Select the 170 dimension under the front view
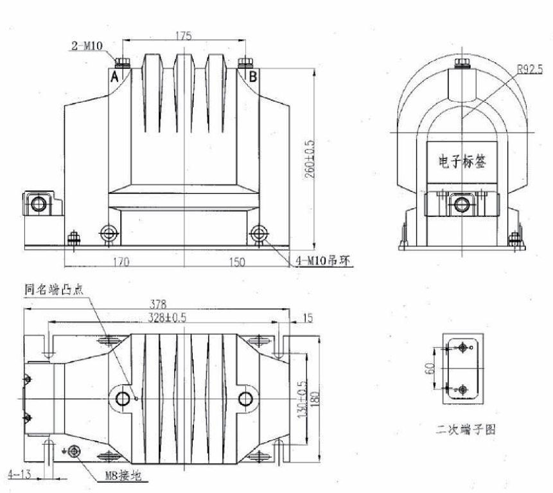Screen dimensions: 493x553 121,261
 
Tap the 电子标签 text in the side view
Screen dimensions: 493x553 461,161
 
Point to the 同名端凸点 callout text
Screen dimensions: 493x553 55,289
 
